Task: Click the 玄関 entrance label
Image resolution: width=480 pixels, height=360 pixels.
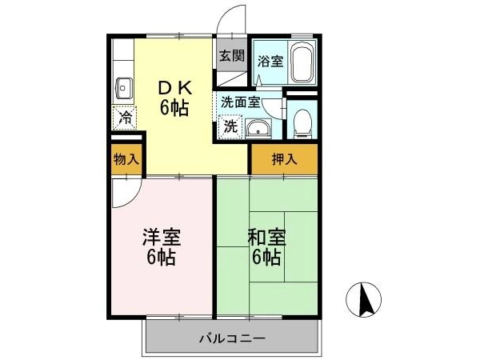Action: click(x=232, y=56)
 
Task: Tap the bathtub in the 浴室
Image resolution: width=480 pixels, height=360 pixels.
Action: click(x=302, y=62)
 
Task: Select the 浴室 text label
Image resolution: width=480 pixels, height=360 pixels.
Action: click(x=270, y=62)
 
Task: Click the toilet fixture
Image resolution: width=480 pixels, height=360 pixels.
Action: click(x=302, y=123)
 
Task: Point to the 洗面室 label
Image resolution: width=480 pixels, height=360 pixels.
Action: click(x=241, y=102)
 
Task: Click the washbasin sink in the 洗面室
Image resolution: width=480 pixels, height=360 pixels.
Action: click(x=258, y=129)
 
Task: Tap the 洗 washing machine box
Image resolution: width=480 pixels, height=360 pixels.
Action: click(x=231, y=126)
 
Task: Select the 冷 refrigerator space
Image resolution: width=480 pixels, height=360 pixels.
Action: click(x=125, y=118)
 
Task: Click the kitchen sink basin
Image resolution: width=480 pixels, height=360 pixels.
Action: click(x=124, y=88)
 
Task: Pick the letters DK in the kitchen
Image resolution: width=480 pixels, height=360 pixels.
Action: click(x=175, y=88)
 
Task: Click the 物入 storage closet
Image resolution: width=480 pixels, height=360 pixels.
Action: click(x=126, y=159)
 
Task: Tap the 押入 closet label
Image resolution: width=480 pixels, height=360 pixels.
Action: click(x=284, y=159)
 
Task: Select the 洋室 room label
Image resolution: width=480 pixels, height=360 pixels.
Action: click(x=162, y=238)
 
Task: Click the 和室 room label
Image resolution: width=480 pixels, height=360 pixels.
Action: click(x=267, y=238)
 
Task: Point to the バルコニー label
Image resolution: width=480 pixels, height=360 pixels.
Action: click(x=232, y=338)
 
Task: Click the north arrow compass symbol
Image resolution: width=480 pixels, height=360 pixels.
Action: click(x=364, y=299)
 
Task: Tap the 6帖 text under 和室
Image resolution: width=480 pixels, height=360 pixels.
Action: click(x=266, y=258)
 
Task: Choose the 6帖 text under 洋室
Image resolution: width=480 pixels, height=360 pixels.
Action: click(x=161, y=258)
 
